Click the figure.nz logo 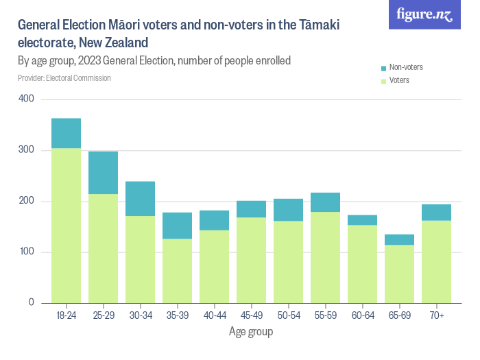pos(424,14)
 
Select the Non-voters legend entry pos(405,67)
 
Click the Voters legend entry pos(399,81)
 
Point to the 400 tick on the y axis pos(26,99)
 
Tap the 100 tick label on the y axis pos(26,252)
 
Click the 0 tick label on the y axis pos(31,302)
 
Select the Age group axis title pos(250,332)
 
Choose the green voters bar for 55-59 pos(325,257)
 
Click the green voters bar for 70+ pos(436,261)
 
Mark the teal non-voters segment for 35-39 pos(177,226)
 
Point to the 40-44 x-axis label pos(214,315)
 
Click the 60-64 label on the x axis pos(362,315)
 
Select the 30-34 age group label pos(140,315)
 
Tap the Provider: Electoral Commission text pos(64,78)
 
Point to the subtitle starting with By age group pos(154,61)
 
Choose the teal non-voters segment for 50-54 pos(288,210)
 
